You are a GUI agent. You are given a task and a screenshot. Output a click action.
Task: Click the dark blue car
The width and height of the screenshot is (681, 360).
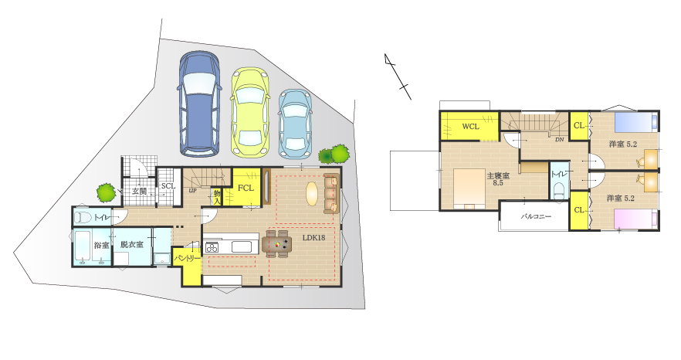click(200, 104)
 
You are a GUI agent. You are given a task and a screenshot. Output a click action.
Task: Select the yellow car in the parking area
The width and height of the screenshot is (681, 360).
click(249, 112)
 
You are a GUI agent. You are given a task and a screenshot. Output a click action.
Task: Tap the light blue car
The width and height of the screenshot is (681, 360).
click(295, 124)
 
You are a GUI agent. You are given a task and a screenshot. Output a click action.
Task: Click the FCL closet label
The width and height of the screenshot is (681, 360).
click(246, 188)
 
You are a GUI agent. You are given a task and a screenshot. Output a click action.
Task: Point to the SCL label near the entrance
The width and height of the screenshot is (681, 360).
click(168, 185)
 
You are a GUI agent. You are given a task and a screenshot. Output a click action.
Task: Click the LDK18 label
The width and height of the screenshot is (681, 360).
click(313, 238)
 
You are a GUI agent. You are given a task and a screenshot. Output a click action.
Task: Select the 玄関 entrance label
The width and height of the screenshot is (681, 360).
click(140, 191)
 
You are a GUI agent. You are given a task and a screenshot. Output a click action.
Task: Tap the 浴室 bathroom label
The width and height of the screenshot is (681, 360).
click(101, 245)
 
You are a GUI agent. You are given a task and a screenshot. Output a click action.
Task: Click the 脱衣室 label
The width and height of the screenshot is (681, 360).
click(132, 244)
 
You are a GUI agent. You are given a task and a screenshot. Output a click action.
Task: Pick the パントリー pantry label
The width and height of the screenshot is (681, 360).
click(188, 258)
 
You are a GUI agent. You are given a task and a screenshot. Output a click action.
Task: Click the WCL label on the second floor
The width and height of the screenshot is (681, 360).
click(470, 127)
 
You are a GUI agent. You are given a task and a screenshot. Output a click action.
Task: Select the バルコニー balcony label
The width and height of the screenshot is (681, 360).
click(536, 216)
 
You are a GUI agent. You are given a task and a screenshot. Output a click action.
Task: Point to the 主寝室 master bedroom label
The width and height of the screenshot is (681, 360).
click(498, 179)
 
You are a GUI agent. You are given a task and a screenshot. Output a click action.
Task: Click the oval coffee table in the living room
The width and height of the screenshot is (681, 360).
click(312, 193)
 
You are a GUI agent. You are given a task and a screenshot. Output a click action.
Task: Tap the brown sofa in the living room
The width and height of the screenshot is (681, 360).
click(331, 193)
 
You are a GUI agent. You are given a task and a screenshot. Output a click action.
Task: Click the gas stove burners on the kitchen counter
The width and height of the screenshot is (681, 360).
click(212, 247)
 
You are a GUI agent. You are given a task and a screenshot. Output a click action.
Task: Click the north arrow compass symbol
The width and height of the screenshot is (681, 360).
click(398, 76)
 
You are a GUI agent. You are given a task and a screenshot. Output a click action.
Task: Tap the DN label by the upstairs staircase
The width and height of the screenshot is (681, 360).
click(559, 140)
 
